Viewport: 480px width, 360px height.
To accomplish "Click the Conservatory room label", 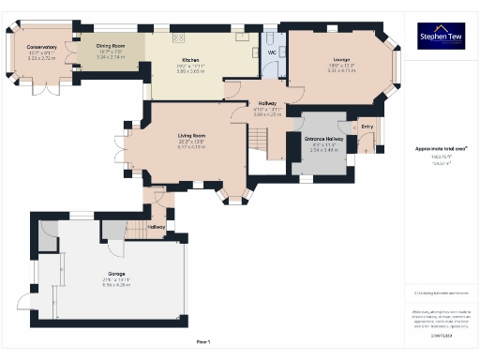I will tap(41, 46).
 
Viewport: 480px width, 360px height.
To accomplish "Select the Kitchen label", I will tap(191, 60).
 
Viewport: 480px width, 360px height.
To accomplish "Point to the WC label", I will tap(272, 52).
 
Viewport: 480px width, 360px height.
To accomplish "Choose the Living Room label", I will tap(191, 135).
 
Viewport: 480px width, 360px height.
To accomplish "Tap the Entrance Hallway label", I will tap(324, 138).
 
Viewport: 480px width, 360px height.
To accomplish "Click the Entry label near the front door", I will tap(366, 126).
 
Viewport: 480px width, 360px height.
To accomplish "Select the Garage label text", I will tap(115, 275).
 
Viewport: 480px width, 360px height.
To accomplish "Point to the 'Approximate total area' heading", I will tap(441, 148).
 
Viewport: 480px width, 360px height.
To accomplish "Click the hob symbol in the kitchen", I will tap(178, 37).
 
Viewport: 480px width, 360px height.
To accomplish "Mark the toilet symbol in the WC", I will tap(272, 39).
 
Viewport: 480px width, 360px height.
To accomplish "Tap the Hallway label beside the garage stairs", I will tap(157, 227).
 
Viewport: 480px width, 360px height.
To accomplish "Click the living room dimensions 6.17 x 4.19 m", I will tap(191, 146).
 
